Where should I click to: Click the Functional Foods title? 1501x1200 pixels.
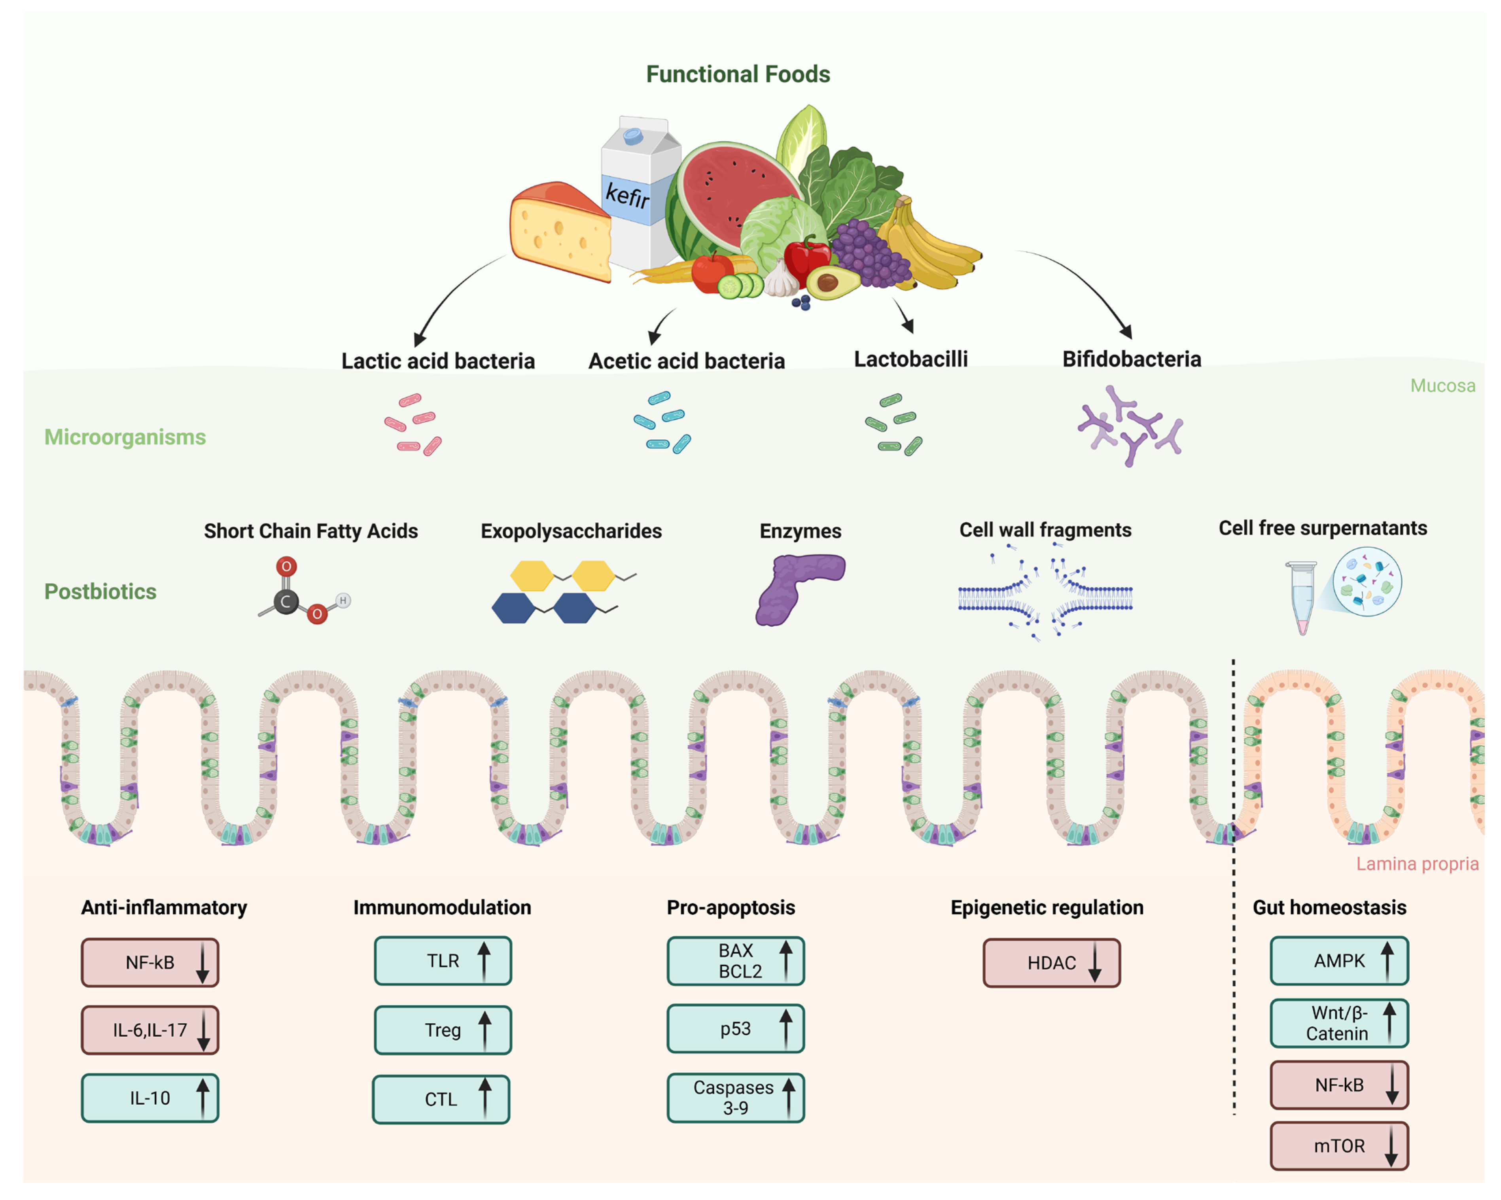738,74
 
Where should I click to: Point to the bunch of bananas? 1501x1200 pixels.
929,244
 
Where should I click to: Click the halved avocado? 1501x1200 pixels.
832,282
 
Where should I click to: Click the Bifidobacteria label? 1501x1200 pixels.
1131,359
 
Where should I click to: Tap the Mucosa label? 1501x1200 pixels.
1442,385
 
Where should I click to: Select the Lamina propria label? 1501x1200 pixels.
1417,864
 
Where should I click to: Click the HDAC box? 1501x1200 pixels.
1051,963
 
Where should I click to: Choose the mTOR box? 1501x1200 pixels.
1339,1146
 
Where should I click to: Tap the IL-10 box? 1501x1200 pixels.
150,1098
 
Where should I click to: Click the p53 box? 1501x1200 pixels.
735,1028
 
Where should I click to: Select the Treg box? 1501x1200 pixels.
443,1030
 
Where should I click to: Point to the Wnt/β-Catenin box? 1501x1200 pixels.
1339,1022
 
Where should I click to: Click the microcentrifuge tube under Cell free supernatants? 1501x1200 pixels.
1301,597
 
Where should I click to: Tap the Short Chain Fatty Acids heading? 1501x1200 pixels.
310,531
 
